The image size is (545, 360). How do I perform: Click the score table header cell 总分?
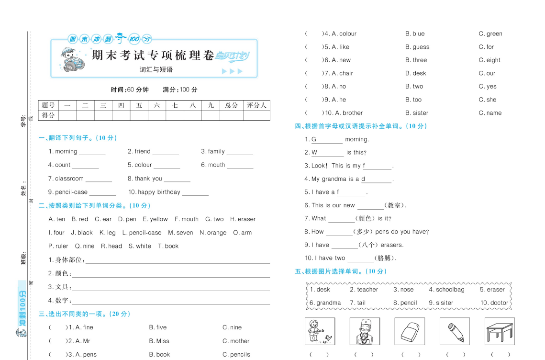(232, 105)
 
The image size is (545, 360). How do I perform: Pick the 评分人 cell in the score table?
(256, 105)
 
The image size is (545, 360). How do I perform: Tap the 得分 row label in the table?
(48, 115)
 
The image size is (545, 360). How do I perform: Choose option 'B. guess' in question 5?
(417, 47)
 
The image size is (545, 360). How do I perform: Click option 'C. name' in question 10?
(490, 113)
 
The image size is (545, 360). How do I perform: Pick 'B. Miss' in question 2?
(159, 341)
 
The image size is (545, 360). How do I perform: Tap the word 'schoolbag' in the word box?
(449, 290)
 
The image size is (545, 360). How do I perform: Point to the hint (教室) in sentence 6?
(395, 205)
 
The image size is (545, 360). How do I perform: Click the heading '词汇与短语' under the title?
(156, 69)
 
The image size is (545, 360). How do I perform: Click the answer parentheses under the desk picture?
(500, 354)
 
